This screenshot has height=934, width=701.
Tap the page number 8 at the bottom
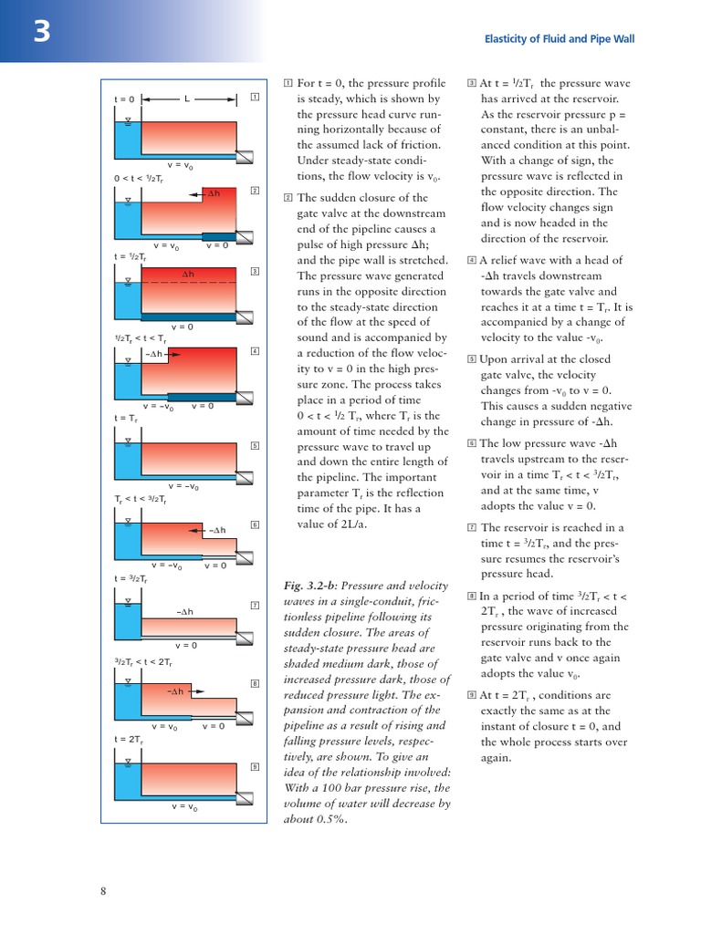(103, 891)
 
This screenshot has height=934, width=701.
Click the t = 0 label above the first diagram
(124, 99)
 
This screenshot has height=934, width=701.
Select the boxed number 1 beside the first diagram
(255, 97)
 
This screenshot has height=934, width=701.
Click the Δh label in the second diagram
(213, 193)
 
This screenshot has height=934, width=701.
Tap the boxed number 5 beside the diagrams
(255, 445)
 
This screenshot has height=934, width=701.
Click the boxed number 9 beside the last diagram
(255, 765)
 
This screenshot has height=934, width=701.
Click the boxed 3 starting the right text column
(472, 83)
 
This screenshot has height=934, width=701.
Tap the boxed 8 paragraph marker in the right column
(472, 596)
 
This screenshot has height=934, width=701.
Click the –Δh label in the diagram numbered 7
(185, 611)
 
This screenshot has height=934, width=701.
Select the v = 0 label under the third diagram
(183, 326)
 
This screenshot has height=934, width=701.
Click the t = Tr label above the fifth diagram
(126, 419)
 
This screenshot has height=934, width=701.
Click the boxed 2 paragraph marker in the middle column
(288, 198)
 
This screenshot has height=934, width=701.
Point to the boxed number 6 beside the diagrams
(255, 524)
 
